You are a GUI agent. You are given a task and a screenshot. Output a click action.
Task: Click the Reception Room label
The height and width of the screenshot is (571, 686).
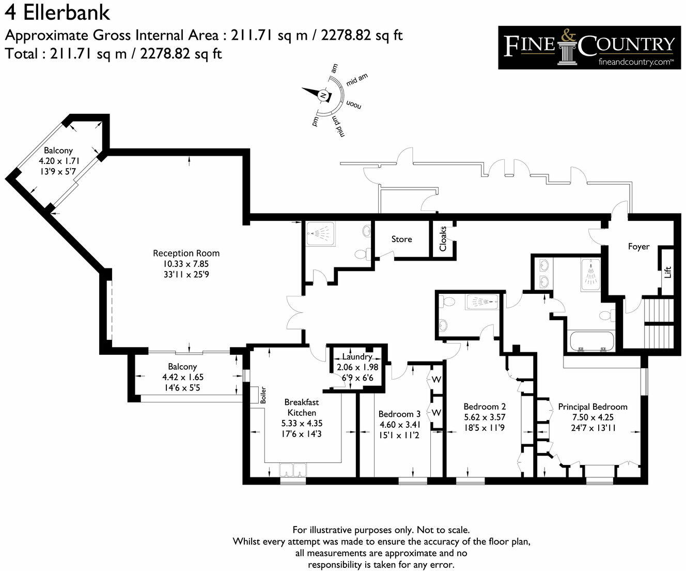(x=186, y=253)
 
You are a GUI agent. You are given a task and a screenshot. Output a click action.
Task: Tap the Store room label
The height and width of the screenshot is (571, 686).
(x=401, y=239)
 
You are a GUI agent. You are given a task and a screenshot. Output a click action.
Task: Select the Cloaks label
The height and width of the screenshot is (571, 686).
(x=443, y=238)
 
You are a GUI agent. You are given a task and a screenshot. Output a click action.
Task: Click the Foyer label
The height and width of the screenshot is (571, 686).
(x=638, y=247)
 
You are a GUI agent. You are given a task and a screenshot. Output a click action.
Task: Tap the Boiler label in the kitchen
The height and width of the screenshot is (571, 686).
(x=263, y=395)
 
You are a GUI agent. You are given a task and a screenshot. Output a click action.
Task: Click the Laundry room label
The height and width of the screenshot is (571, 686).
(x=357, y=357)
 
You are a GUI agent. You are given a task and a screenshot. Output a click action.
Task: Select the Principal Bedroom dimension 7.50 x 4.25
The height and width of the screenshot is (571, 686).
(x=593, y=417)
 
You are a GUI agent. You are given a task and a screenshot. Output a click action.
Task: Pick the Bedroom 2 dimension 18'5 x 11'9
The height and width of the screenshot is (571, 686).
(x=484, y=427)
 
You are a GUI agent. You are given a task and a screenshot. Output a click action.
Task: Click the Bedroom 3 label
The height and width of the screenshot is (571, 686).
(x=399, y=414)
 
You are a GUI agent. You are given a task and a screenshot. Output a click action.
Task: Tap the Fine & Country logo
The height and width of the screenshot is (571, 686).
(x=589, y=47)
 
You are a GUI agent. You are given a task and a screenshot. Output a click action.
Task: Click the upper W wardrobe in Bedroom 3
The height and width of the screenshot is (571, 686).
(x=436, y=380)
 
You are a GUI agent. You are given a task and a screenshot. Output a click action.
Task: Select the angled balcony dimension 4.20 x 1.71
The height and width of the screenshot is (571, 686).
(x=58, y=160)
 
